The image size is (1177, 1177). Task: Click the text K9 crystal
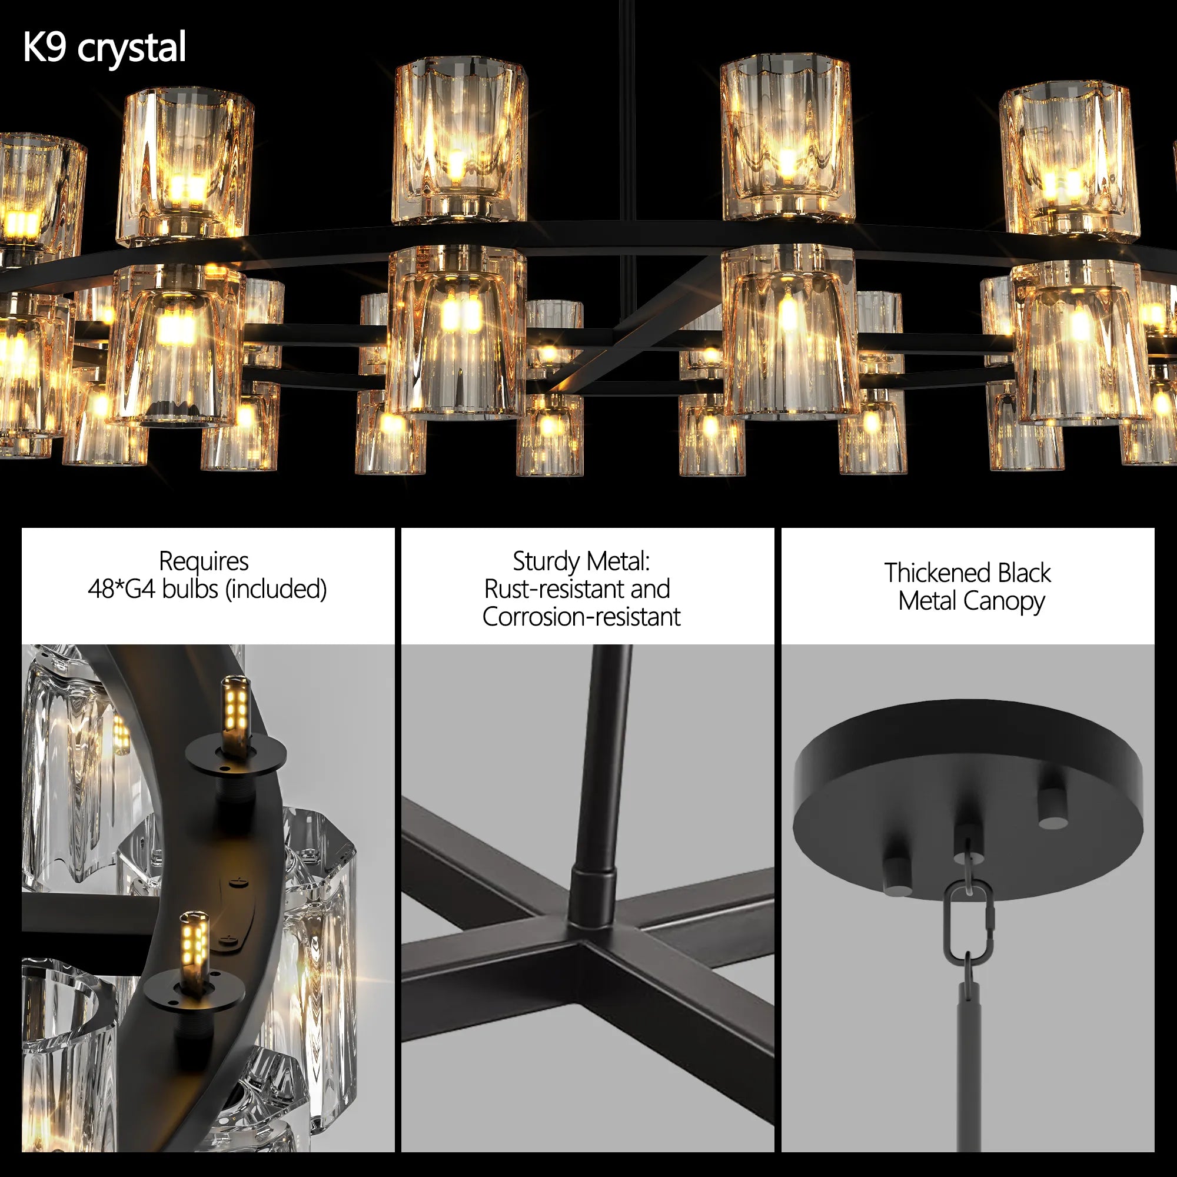tap(104, 48)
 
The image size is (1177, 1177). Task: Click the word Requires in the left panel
tap(204, 561)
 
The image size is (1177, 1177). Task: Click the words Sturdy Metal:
tap(581, 561)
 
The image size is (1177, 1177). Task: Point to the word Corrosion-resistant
tap(581, 617)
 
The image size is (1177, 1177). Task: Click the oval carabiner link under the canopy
tap(968, 923)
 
